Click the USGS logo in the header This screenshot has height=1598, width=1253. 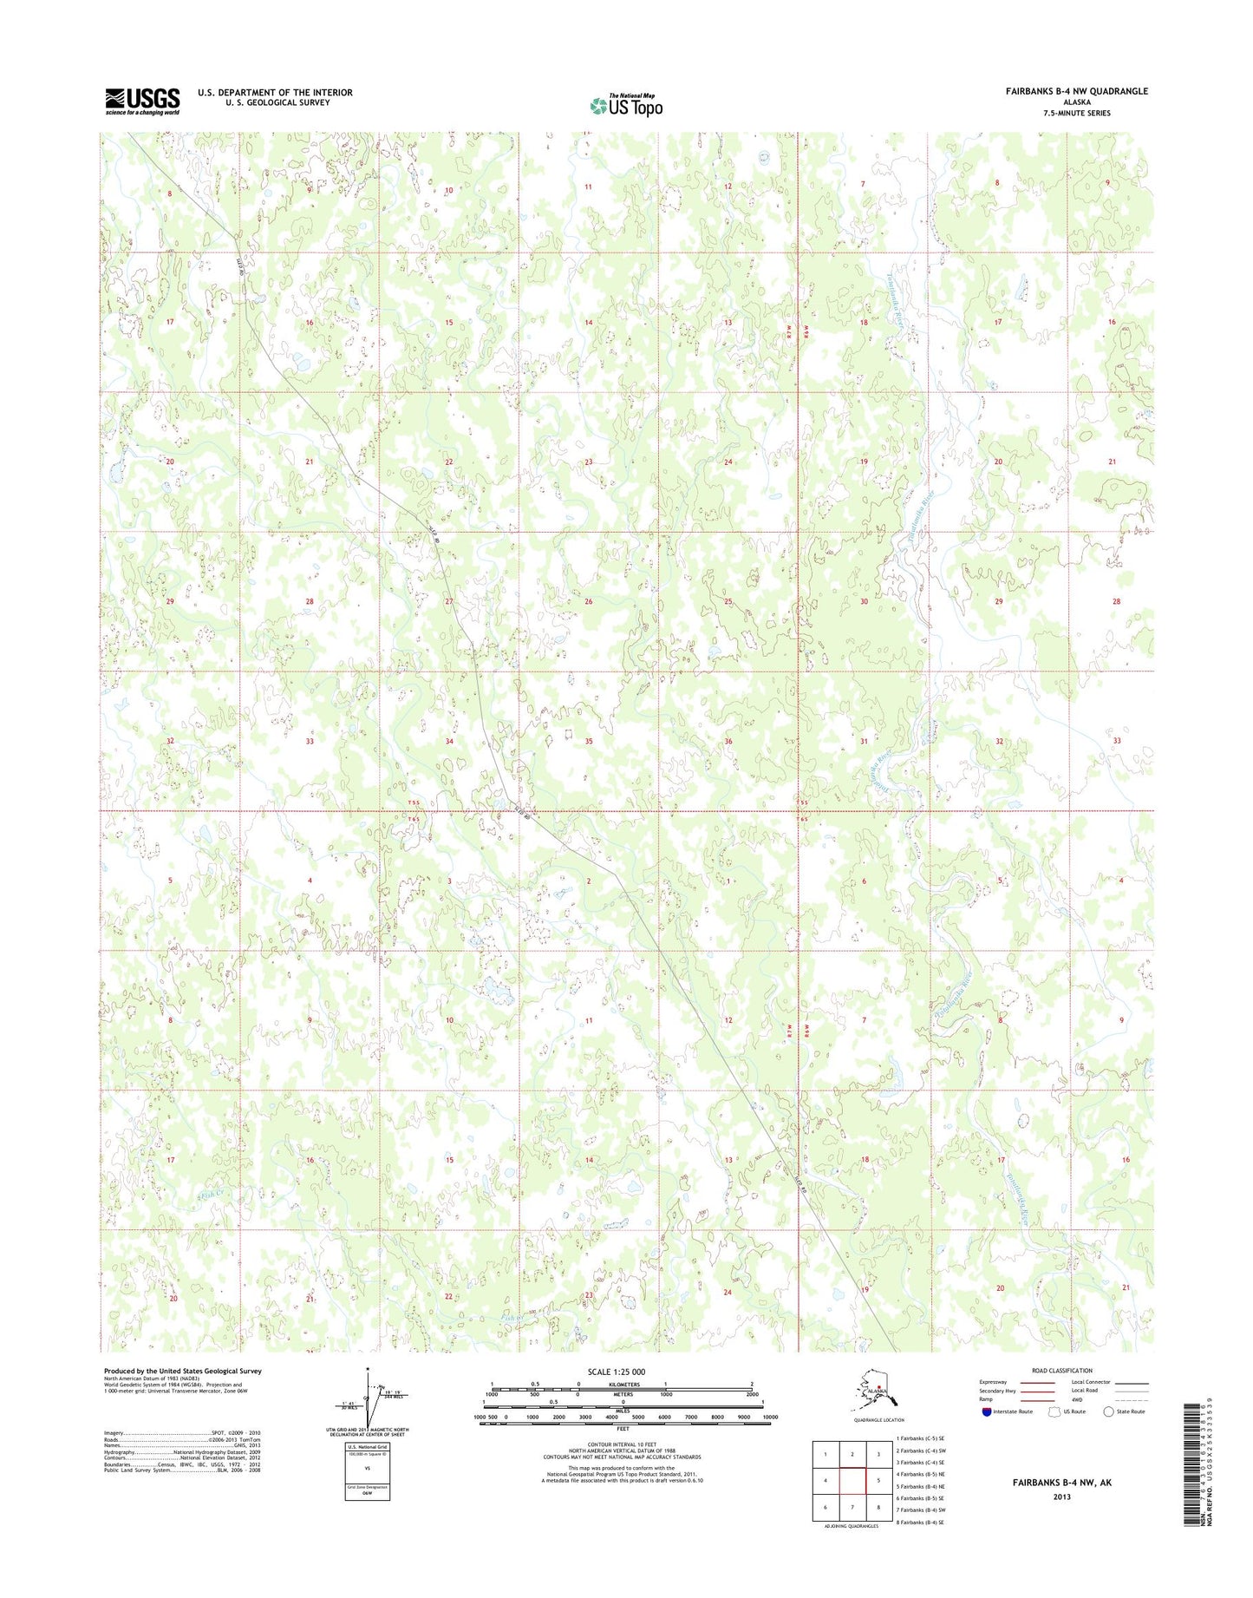pos(142,101)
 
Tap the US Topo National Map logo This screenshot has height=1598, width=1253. pos(626,105)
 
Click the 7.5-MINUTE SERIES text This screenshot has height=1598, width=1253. pos(1079,113)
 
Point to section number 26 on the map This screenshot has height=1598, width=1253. pos(588,601)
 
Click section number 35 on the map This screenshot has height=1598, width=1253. pos(588,741)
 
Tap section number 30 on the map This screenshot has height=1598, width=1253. pos(864,601)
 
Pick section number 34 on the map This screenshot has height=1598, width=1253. pos(449,741)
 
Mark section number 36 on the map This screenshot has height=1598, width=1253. pos(728,741)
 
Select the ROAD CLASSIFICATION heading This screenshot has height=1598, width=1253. pos(1062,1371)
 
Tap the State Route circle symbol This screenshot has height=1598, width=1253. pos(1108,1411)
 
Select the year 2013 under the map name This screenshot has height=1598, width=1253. pos(1061,1496)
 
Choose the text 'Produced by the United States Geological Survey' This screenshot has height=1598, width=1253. pos(182,1371)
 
